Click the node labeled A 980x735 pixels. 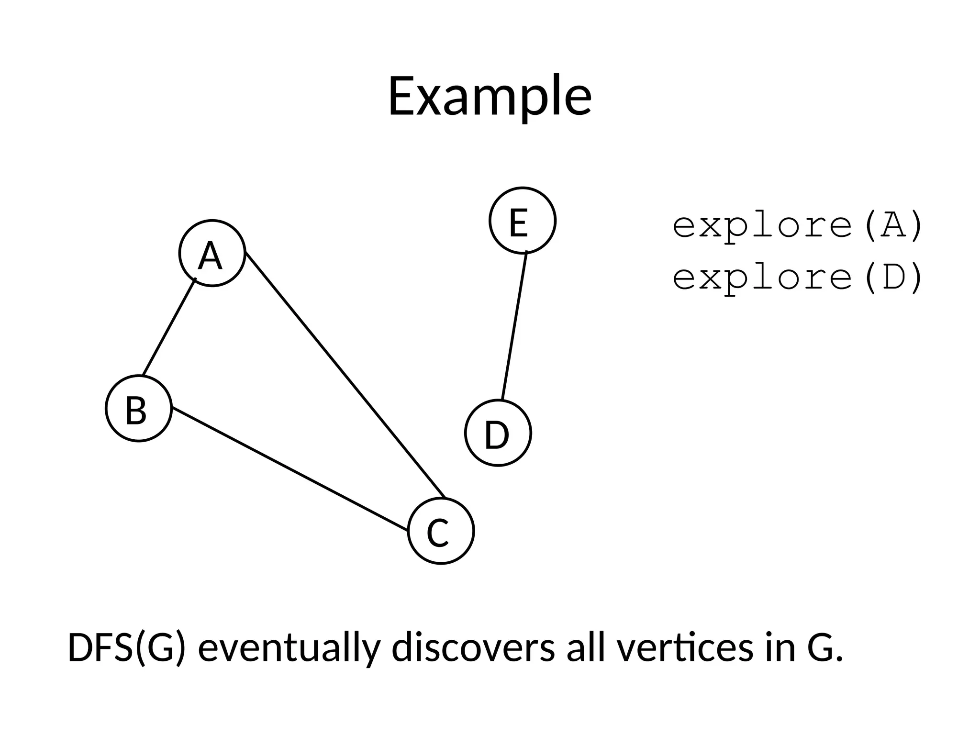(x=212, y=253)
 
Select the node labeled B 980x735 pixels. (x=138, y=408)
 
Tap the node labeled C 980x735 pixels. (x=441, y=531)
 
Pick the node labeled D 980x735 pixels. (x=498, y=433)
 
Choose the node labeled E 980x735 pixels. (x=522, y=220)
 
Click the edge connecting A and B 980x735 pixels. (x=169, y=328)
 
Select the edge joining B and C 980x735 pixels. (x=290, y=469)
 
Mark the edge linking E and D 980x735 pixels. (x=514, y=325)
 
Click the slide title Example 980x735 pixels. (x=490, y=97)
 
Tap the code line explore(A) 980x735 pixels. (x=797, y=225)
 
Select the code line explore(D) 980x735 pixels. (x=797, y=278)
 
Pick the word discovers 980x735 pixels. (x=473, y=648)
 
